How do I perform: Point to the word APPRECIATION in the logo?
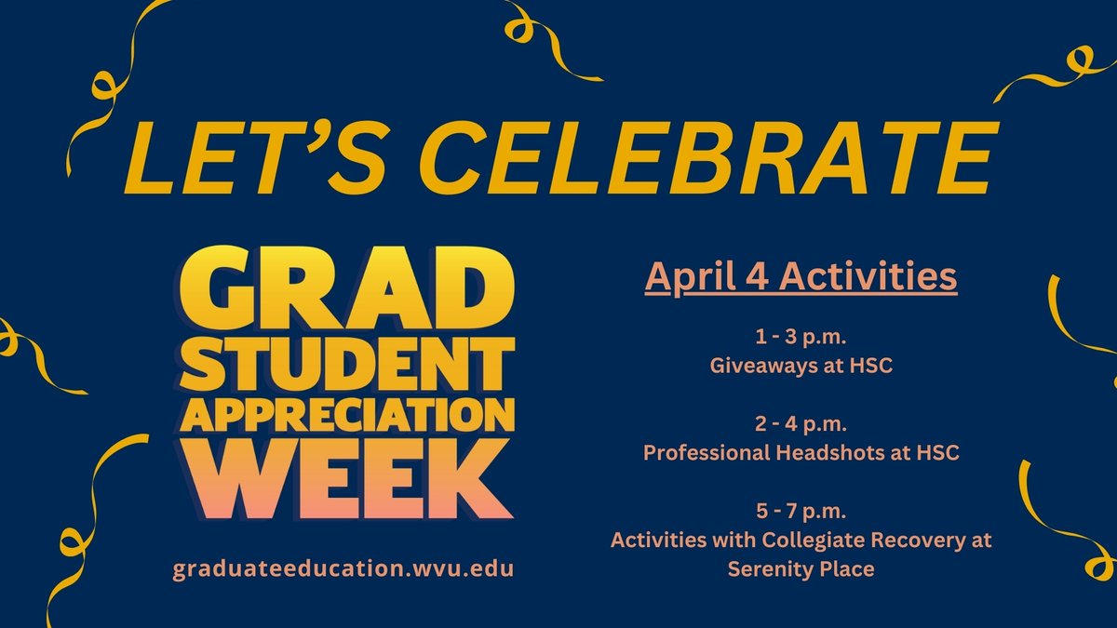[x=343, y=417]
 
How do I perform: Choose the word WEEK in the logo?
[x=343, y=482]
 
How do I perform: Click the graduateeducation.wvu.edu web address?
[x=343, y=568]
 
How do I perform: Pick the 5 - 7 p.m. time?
[x=801, y=513]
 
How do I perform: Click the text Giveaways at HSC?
[x=801, y=366]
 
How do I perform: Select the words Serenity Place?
[x=801, y=568]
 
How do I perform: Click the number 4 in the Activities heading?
[x=759, y=276]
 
